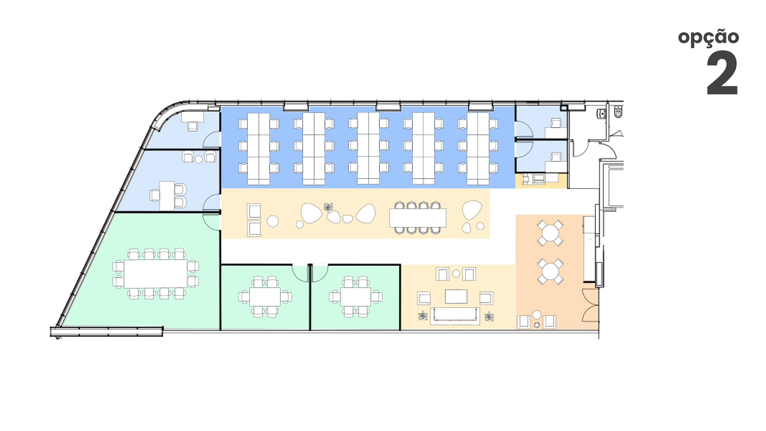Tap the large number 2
pyautogui.click(x=722, y=73)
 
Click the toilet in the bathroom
pyautogui.click(x=618, y=111)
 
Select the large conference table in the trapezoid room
pyautogui.click(x=156, y=274)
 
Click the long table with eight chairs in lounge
pyautogui.click(x=418, y=218)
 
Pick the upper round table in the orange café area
pyautogui.click(x=550, y=233)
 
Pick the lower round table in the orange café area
pyautogui.click(x=550, y=272)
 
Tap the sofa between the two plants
pyautogui.click(x=455, y=315)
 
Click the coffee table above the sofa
pyautogui.click(x=456, y=296)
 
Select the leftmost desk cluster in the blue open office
pyautogui.click(x=259, y=148)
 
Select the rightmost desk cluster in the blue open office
pyautogui.click(x=478, y=148)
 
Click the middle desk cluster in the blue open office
pyautogui.click(x=368, y=148)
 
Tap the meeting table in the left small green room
pyautogui.click(x=265, y=297)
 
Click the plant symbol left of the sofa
pyautogui.click(x=423, y=316)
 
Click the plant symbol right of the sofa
pyautogui.click(x=489, y=317)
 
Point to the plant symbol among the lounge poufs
pyautogui.click(x=328, y=207)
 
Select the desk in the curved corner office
pyautogui.click(x=192, y=117)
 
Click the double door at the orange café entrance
pyautogui.click(x=590, y=305)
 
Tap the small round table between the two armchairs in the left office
pyautogui.click(x=199, y=160)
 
